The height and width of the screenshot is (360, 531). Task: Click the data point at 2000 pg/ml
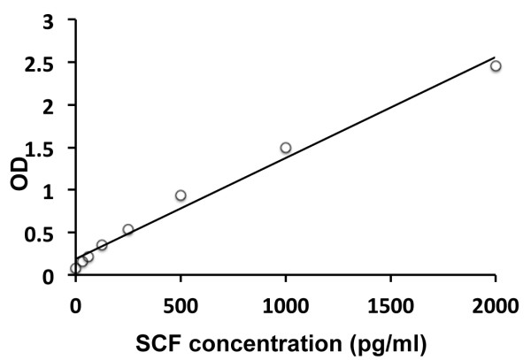point(496,65)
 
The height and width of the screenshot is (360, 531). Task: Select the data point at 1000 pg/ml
point(286,148)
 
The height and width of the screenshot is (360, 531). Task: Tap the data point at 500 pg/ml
point(181,195)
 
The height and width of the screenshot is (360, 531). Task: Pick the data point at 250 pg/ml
point(128,230)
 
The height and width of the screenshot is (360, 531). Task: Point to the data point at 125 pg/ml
point(102,245)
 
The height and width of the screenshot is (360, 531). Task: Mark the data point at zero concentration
point(75,268)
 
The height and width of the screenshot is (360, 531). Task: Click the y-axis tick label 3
point(58,21)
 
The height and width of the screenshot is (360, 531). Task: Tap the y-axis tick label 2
point(58,106)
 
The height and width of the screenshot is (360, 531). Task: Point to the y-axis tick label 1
point(58,190)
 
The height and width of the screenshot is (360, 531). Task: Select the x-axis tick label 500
point(181,306)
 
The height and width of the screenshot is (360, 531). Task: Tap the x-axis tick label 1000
point(286,306)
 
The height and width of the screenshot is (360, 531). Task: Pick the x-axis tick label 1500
point(390,306)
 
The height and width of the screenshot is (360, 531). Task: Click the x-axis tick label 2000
point(496,306)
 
